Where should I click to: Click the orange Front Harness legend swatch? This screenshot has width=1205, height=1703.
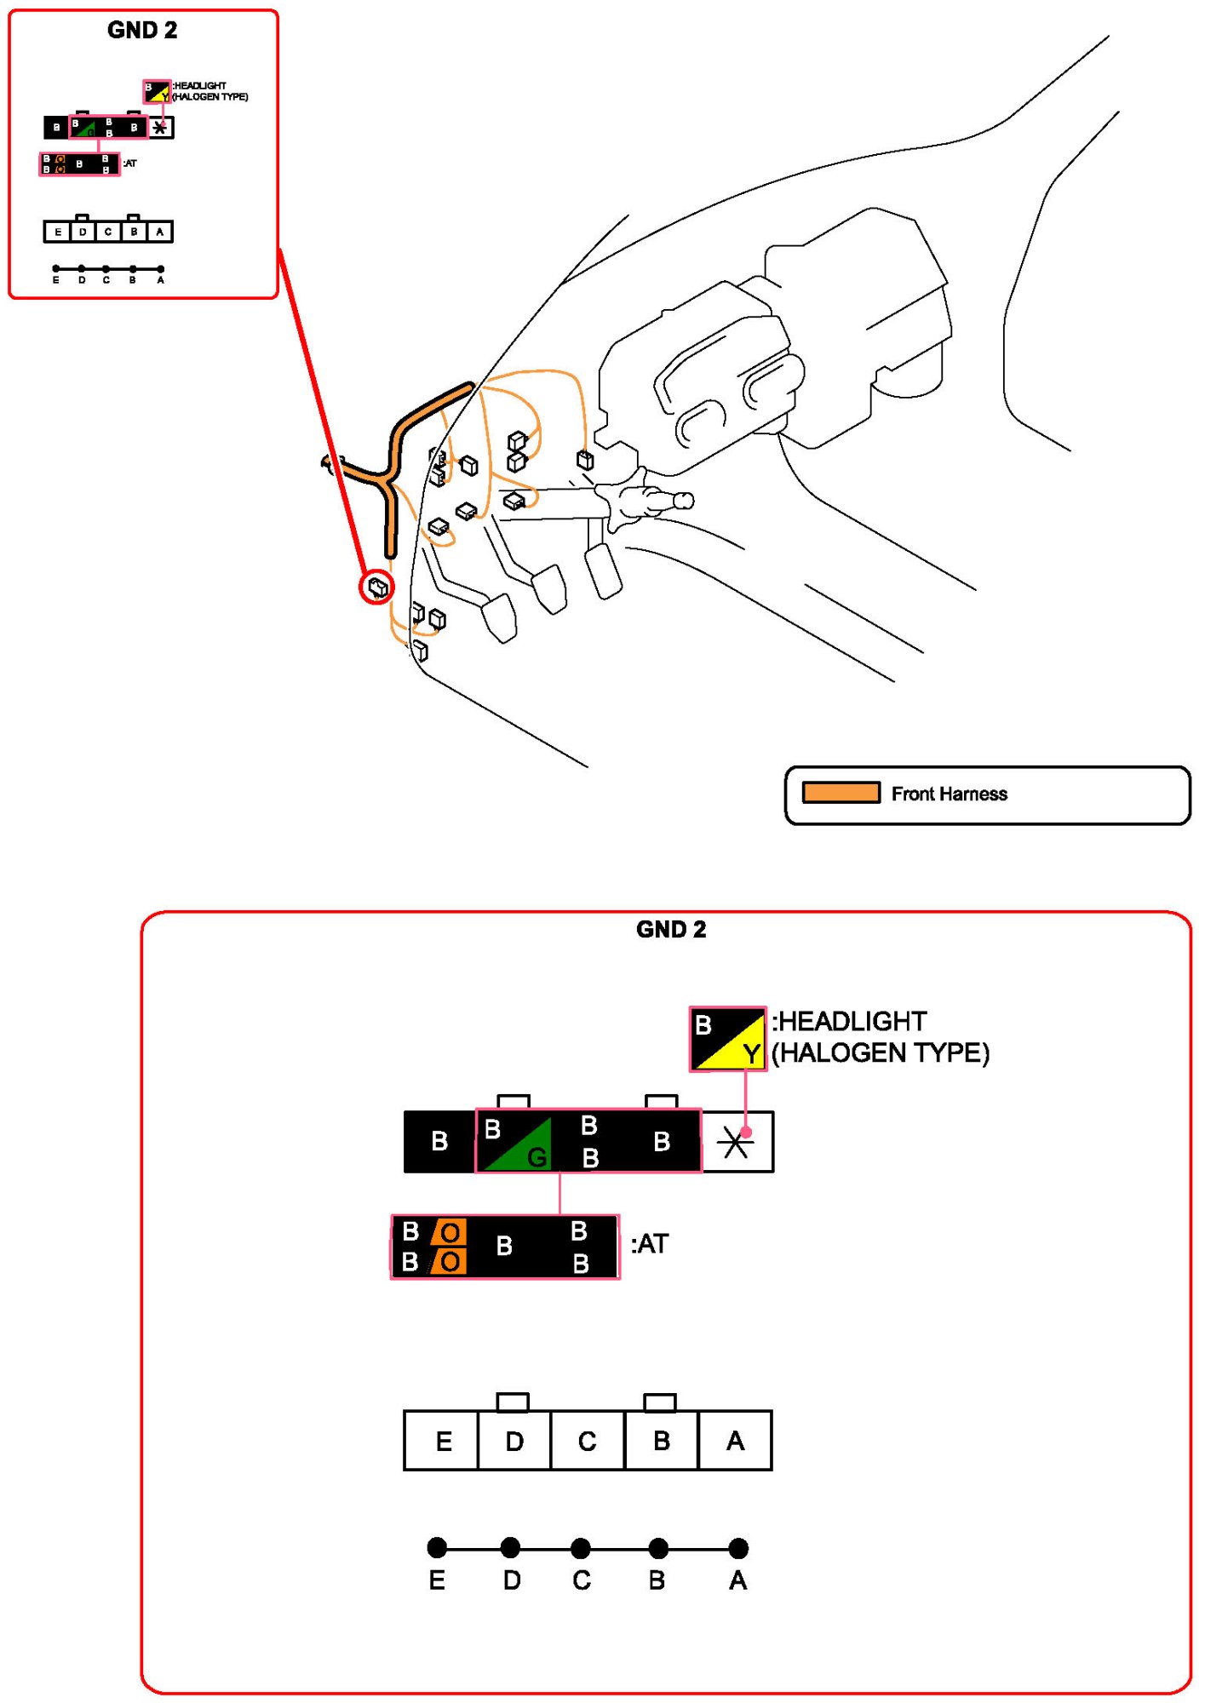tap(841, 793)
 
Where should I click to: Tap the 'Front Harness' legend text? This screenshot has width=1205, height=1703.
tap(949, 794)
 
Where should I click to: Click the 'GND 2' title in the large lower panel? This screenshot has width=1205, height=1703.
tap(671, 929)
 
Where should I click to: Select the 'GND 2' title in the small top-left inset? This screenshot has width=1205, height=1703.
tap(142, 30)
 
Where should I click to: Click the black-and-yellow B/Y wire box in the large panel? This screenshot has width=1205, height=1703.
tap(727, 1039)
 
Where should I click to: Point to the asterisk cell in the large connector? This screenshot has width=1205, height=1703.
tap(737, 1142)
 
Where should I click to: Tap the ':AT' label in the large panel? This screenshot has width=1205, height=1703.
tap(650, 1244)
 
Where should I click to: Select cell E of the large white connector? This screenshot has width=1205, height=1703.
tap(442, 1441)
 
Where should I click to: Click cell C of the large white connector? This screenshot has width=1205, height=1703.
tap(587, 1441)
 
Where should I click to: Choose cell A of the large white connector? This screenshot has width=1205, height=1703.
tap(735, 1441)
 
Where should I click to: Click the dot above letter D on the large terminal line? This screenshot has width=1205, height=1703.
tap(510, 1547)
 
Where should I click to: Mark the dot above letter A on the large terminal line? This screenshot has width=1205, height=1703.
tap(738, 1547)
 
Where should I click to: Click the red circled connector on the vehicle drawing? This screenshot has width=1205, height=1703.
tap(376, 587)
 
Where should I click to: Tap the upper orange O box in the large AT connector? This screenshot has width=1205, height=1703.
tap(449, 1232)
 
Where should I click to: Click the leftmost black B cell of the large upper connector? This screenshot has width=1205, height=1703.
tap(439, 1141)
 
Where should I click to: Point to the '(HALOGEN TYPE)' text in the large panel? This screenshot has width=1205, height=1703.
tap(881, 1053)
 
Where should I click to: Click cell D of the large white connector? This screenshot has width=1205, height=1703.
tap(514, 1441)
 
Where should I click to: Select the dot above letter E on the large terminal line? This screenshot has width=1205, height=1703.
tap(437, 1547)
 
